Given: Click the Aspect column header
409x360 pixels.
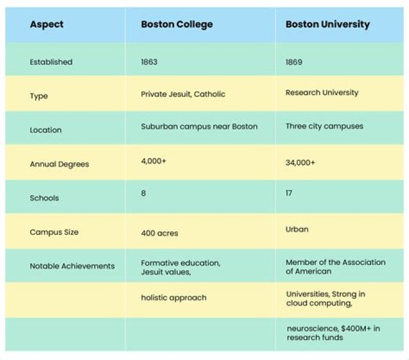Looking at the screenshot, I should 47,24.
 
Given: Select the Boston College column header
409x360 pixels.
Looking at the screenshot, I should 177,24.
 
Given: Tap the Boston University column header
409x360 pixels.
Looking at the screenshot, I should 327,24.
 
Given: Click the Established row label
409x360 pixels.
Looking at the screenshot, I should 51,62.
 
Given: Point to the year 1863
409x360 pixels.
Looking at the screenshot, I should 149,62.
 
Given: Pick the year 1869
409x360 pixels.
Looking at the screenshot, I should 294,62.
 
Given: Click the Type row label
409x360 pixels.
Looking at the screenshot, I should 39,96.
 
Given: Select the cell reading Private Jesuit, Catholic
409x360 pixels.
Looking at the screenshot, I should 183,94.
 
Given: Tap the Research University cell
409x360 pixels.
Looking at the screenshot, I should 322,92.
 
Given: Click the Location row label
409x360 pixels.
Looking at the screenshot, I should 45,130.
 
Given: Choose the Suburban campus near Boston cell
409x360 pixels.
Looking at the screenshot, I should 199,126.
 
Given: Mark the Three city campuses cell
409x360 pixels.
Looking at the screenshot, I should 324,126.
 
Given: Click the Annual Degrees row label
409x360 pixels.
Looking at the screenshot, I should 59,164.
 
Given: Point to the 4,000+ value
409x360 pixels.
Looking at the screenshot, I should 152,161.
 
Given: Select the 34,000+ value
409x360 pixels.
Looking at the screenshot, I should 300,163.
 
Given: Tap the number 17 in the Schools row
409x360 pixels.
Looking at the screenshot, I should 289,193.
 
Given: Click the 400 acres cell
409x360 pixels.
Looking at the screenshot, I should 159,233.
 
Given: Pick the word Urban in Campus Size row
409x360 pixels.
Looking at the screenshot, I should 297,229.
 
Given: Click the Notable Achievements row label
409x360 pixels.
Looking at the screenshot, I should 72,266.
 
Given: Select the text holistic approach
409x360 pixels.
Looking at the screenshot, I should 173,297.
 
